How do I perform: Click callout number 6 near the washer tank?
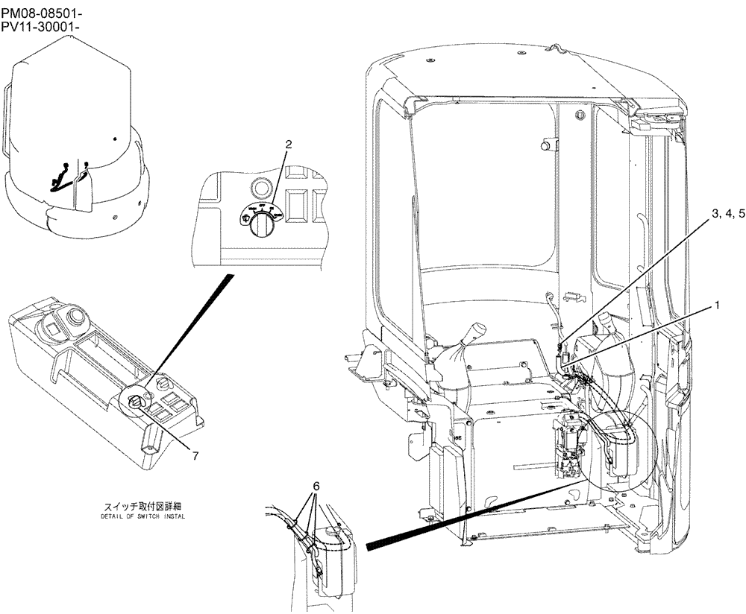pos(316,485)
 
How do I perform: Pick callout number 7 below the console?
pos(195,456)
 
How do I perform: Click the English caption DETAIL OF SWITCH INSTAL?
pos(143,516)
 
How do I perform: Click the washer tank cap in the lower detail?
pos(330,532)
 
